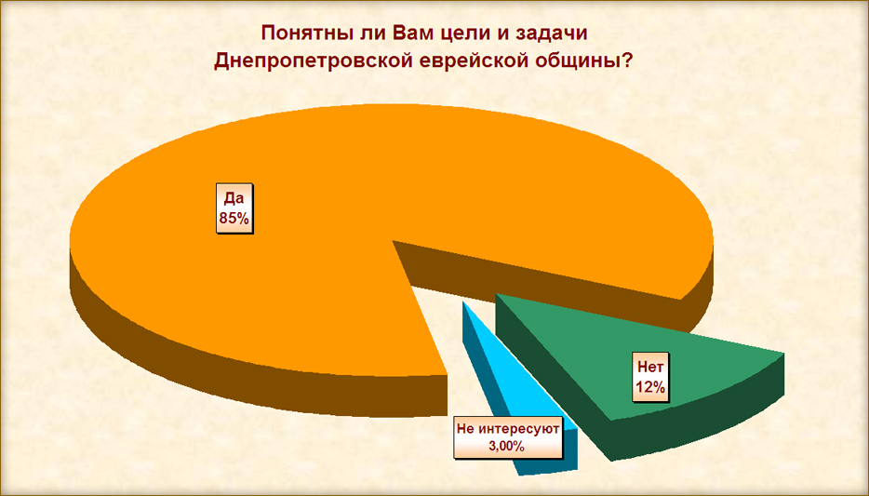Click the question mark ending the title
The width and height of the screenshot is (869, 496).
(x=627, y=60)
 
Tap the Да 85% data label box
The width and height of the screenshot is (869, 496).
(x=234, y=208)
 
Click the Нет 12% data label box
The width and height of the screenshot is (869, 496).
(x=650, y=377)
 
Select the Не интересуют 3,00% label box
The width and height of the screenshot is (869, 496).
(x=508, y=437)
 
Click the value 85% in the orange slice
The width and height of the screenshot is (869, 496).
(x=234, y=219)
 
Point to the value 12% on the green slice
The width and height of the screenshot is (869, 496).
(x=650, y=387)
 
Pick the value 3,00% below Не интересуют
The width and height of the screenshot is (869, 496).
(x=506, y=446)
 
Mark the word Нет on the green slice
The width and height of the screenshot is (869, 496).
(x=650, y=367)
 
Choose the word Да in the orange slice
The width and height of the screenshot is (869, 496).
(x=234, y=198)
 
